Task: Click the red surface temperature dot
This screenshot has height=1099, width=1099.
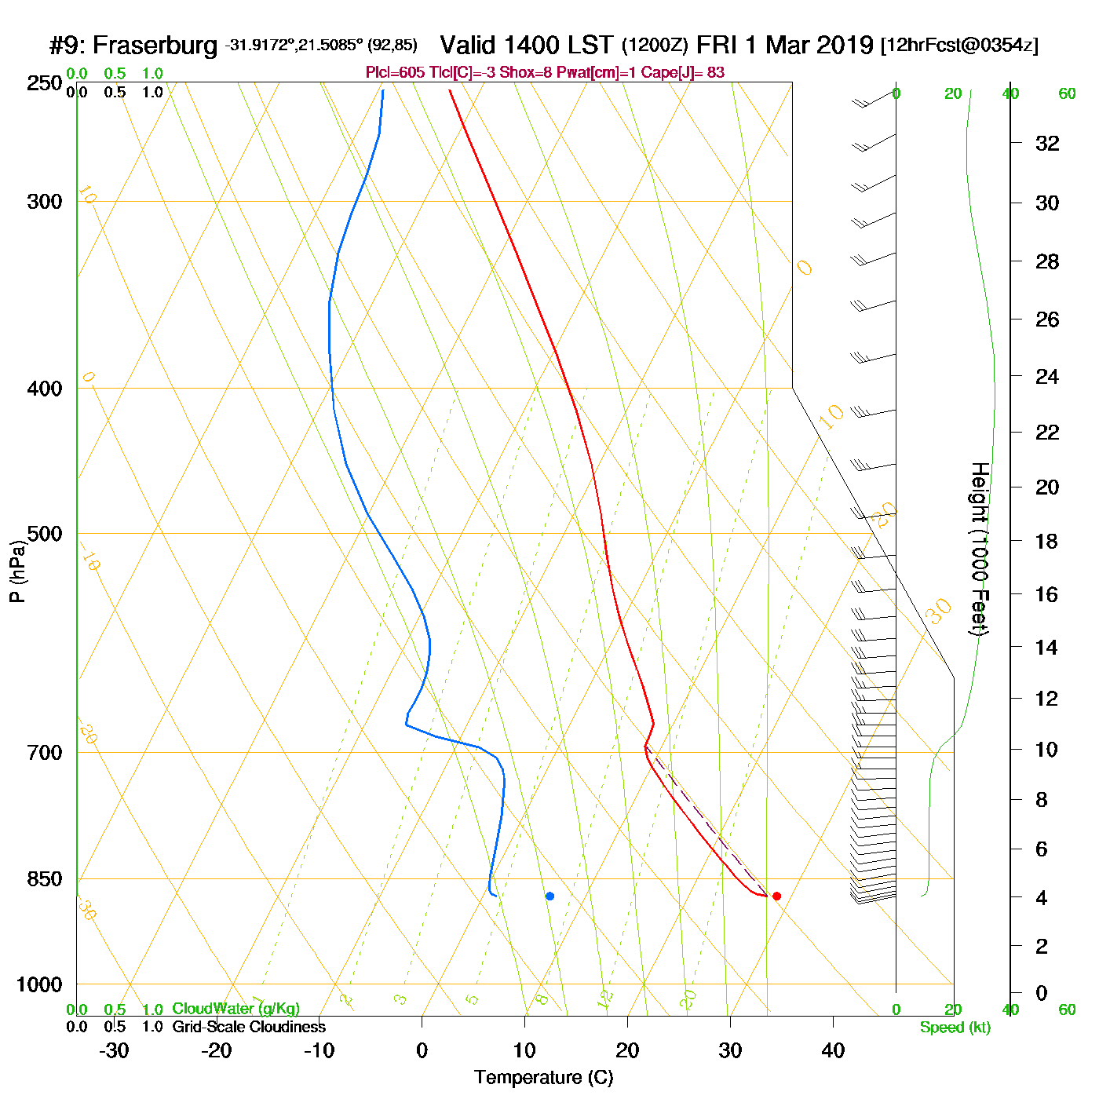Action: point(776,896)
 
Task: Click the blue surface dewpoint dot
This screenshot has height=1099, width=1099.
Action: point(549,896)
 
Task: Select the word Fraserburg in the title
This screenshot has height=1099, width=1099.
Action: point(155,46)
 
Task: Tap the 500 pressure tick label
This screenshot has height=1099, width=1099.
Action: point(45,534)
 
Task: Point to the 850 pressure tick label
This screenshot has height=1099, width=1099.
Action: point(45,879)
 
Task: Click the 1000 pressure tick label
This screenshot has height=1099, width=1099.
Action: point(39,984)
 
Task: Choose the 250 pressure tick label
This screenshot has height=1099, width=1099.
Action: point(45,83)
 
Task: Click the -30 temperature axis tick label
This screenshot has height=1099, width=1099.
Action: point(114,1050)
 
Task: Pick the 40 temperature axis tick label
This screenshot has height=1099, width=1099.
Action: point(833,1050)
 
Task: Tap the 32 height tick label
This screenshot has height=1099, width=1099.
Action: point(1047,143)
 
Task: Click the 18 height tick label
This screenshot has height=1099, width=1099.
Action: point(1047,541)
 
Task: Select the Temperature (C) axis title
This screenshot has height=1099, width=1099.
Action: point(543,1078)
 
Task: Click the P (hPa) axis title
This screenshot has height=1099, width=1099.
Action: point(17,571)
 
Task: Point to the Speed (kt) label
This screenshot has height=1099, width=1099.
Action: point(955,1028)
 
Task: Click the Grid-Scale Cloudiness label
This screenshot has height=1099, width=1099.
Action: point(249,1027)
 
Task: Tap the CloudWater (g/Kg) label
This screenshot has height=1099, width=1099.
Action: point(235,1009)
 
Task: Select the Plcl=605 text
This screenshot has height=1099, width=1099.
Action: point(395,73)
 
